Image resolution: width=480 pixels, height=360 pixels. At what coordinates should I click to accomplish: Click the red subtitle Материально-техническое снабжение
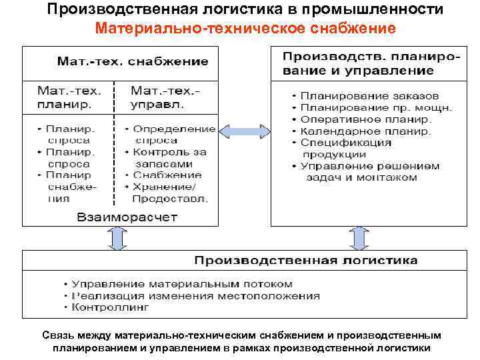[245, 29]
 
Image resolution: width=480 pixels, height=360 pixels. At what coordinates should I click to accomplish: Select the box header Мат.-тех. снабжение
[133, 61]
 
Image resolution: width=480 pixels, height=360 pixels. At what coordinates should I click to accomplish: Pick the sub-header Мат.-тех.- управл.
[166, 97]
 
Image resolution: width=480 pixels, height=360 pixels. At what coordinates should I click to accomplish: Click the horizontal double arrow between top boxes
[243, 129]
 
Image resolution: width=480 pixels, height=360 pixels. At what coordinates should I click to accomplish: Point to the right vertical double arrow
[359, 238]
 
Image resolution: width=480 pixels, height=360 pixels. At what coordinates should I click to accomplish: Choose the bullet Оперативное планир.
[366, 119]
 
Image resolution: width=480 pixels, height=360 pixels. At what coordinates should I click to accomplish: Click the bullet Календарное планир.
[365, 131]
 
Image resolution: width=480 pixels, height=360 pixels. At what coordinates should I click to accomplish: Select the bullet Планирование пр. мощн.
[376, 107]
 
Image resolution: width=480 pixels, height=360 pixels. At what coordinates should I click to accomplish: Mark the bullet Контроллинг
[111, 307]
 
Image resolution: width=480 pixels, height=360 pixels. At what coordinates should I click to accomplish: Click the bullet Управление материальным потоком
[181, 283]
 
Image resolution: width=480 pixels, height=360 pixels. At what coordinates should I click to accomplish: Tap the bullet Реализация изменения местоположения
[195, 295]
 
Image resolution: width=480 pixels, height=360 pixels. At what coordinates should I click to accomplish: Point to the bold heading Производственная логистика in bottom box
[306, 259]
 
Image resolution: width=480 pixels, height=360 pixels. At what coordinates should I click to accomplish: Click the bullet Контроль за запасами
[169, 157]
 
